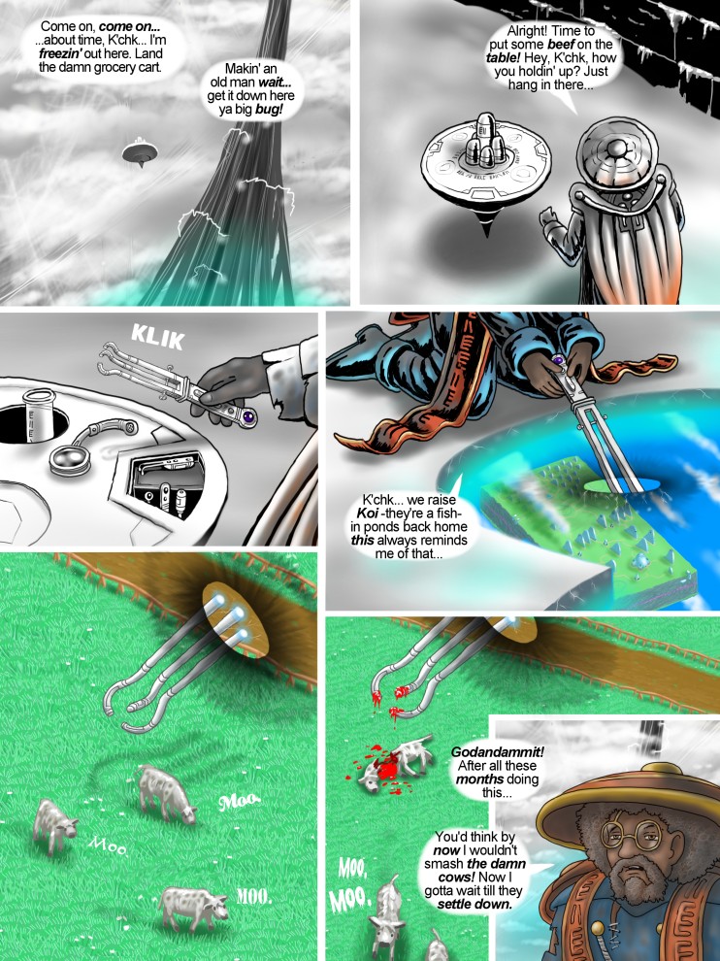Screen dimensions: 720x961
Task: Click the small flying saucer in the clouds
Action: coord(140,152)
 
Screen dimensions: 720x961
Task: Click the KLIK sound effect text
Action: coord(157,337)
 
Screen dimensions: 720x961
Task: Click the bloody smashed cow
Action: coord(396,764)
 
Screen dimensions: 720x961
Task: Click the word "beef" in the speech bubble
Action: coord(560,44)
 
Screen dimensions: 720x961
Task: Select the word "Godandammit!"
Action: coord(497,752)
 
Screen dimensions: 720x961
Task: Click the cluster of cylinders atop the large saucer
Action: coord(483,141)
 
